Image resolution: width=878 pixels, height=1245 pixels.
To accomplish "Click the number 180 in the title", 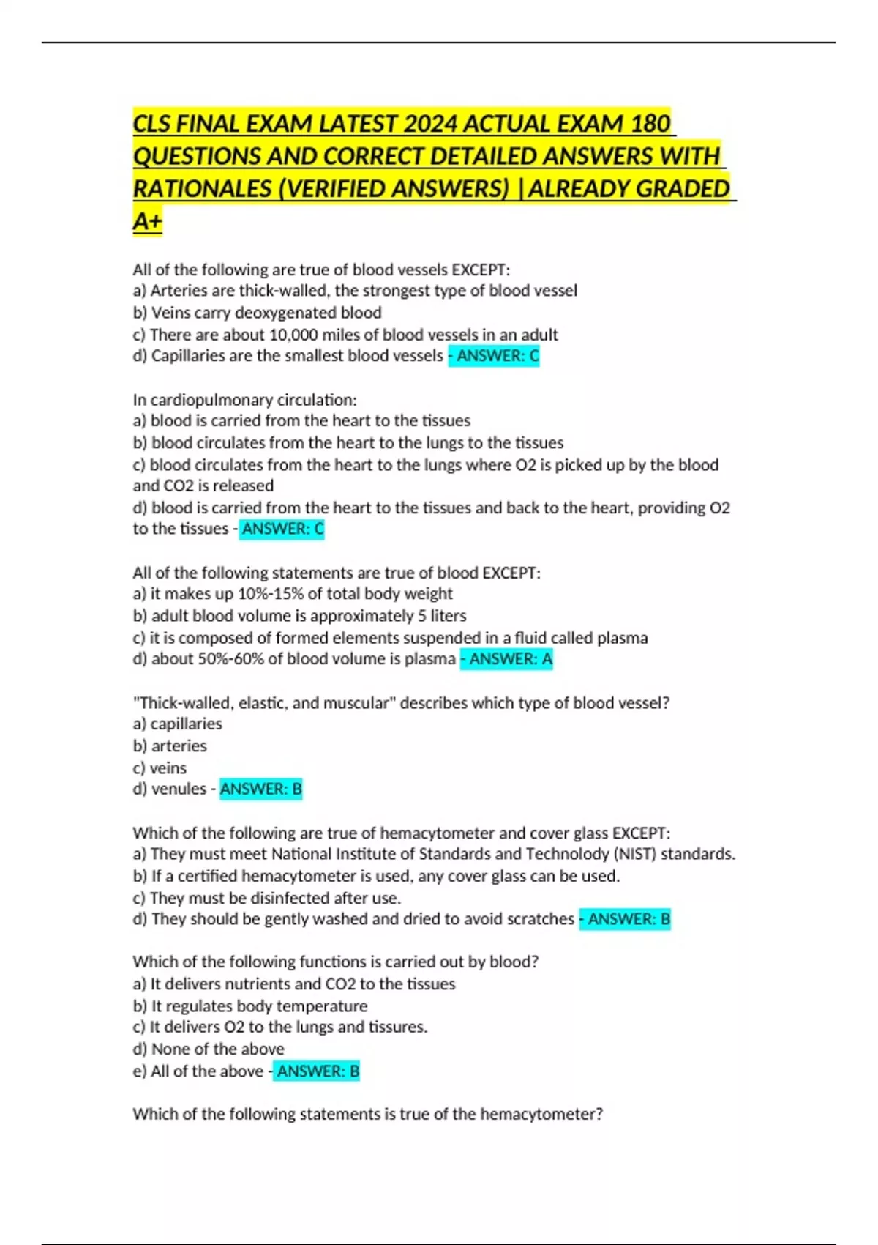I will [x=650, y=123].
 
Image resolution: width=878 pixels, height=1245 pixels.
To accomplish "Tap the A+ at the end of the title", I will [x=147, y=221].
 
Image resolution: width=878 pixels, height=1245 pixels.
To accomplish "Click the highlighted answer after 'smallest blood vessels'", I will [x=494, y=356].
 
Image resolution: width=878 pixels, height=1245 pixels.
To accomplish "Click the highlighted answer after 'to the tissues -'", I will [x=282, y=529].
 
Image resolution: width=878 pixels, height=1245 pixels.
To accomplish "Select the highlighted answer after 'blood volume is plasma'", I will [x=506, y=659].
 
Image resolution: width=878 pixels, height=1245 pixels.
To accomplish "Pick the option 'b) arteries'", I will [x=170, y=746].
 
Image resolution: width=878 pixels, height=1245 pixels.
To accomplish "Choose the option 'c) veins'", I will [x=160, y=768].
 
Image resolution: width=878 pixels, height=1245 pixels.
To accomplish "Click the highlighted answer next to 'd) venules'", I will [x=260, y=789].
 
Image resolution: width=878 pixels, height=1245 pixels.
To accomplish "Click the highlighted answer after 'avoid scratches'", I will [x=625, y=919].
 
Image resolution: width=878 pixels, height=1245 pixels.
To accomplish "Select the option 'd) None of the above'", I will [x=209, y=1049].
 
